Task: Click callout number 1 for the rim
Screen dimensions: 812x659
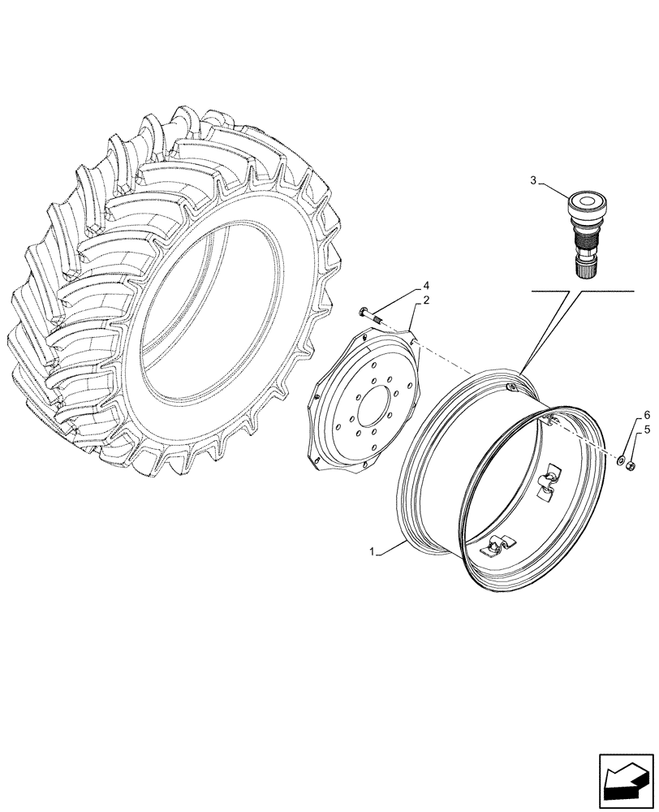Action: pos(373,552)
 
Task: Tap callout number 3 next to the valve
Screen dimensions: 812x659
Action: pos(533,181)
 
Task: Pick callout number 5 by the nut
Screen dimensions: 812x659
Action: pos(648,430)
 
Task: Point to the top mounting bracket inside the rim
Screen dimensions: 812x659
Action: pos(552,419)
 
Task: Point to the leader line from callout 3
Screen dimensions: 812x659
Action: pos(555,189)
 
